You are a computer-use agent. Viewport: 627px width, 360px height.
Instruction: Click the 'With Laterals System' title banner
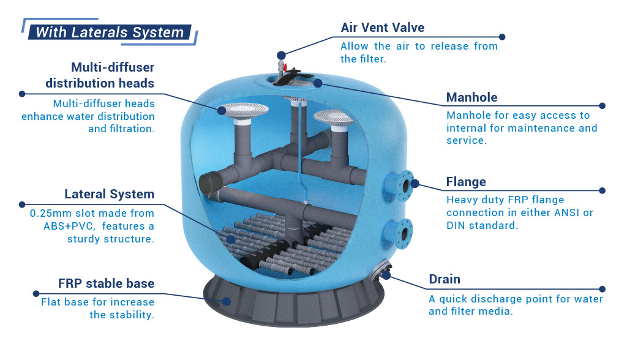click(x=110, y=32)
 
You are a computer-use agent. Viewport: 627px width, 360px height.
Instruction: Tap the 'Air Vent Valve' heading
click(x=382, y=28)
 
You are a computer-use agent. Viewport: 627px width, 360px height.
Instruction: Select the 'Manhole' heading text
click(x=472, y=97)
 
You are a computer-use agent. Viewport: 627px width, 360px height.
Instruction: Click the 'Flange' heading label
click(x=466, y=182)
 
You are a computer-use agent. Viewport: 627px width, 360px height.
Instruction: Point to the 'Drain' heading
click(x=445, y=279)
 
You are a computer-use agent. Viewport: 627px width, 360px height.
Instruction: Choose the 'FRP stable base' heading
click(x=106, y=283)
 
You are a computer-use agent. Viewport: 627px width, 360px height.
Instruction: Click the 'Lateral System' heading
click(x=109, y=194)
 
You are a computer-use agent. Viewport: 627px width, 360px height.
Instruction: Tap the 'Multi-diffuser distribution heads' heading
click(x=100, y=75)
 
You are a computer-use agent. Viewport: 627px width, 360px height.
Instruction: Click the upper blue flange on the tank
click(x=400, y=186)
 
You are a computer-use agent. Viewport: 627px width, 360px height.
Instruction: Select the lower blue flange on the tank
click(x=399, y=234)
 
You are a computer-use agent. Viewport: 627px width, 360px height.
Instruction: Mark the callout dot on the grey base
click(x=227, y=302)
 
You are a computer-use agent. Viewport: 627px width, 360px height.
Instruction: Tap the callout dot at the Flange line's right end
click(x=603, y=191)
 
